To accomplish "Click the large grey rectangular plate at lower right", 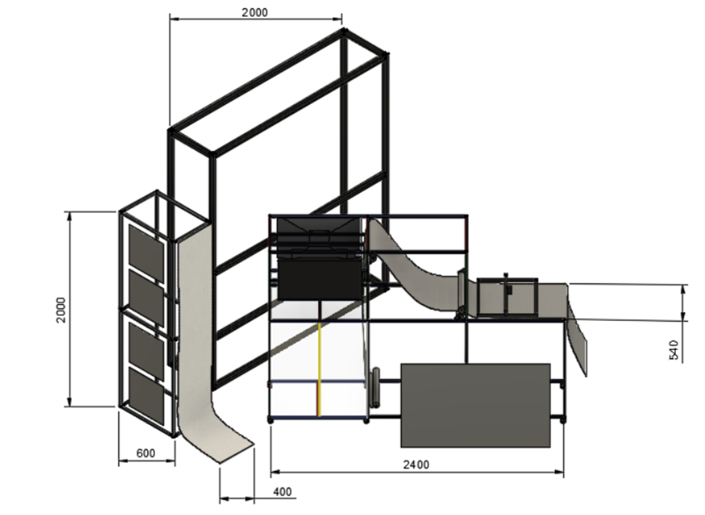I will coord(476,404).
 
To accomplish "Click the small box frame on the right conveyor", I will coord(508,296).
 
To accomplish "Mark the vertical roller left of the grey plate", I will coord(376,388).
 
